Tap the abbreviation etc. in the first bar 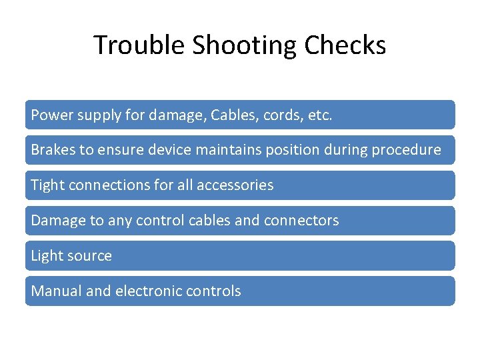[320, 115]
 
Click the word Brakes [53, 150]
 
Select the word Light [46, 256]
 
